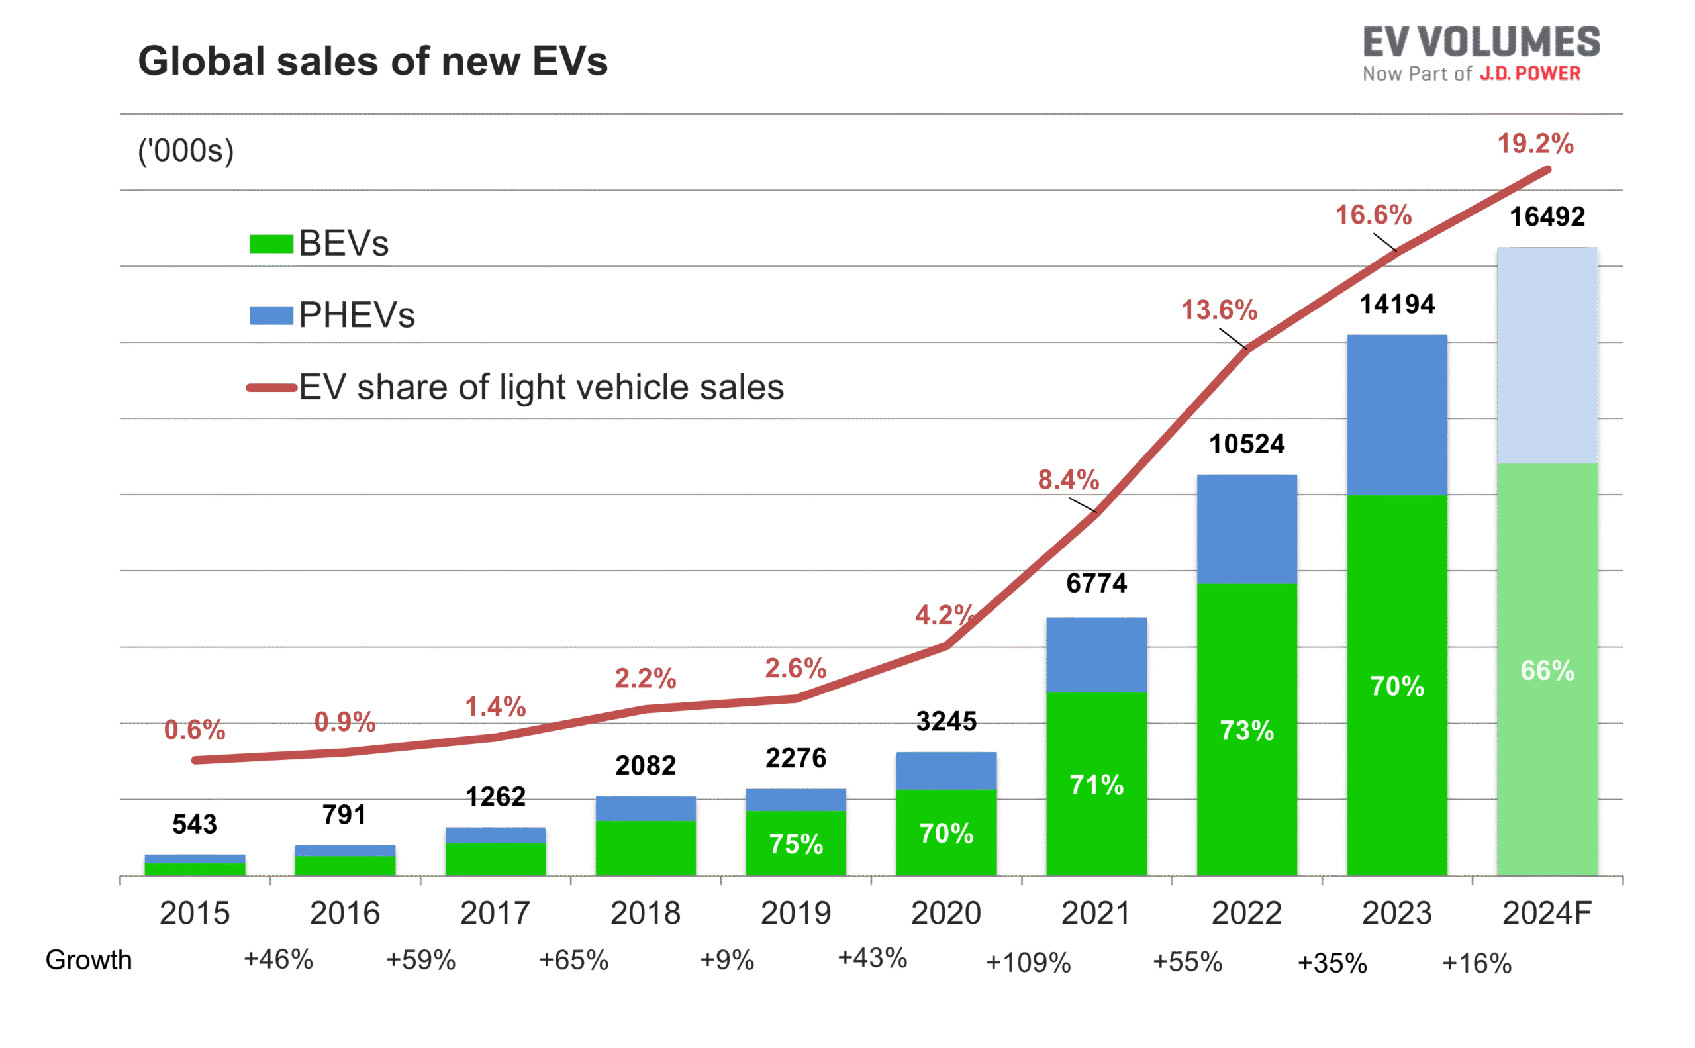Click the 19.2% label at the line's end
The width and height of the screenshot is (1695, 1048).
coord(1535,144)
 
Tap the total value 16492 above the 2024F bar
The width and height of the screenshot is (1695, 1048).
coord(1547,218)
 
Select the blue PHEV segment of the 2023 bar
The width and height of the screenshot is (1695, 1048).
coord(1397,414)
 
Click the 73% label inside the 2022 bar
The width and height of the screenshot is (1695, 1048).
coord(1247,730)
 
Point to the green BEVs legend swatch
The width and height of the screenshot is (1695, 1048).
coord(271,244)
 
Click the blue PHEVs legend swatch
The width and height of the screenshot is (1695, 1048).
coord(271,316)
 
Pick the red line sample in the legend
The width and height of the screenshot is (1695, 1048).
coord(271,388)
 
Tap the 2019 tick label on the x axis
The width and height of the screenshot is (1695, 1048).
coord(795,913)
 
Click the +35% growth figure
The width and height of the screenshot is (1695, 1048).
coord(1332,963)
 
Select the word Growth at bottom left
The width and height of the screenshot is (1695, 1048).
coord(88,961)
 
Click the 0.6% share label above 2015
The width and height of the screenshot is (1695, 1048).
coord(194,730)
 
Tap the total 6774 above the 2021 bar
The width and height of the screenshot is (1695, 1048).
coord(1096,584)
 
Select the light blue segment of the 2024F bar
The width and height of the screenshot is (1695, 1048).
coord(1547,355)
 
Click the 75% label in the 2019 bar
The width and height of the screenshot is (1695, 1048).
coord(795,844)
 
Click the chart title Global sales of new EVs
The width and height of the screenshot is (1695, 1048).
coord(372,62)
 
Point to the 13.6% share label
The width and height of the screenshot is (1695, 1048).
coord(1219,310)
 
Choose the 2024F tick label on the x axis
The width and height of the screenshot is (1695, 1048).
coord(1547,913)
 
